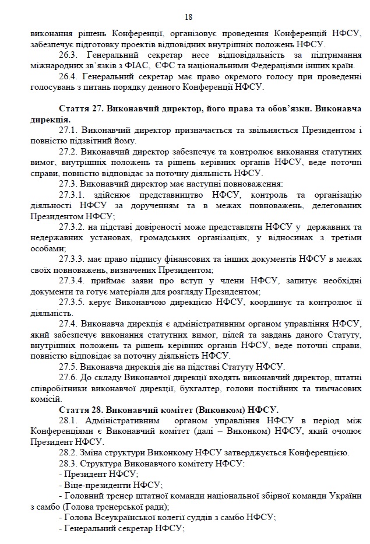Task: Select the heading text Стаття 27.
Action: point(80,109)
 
